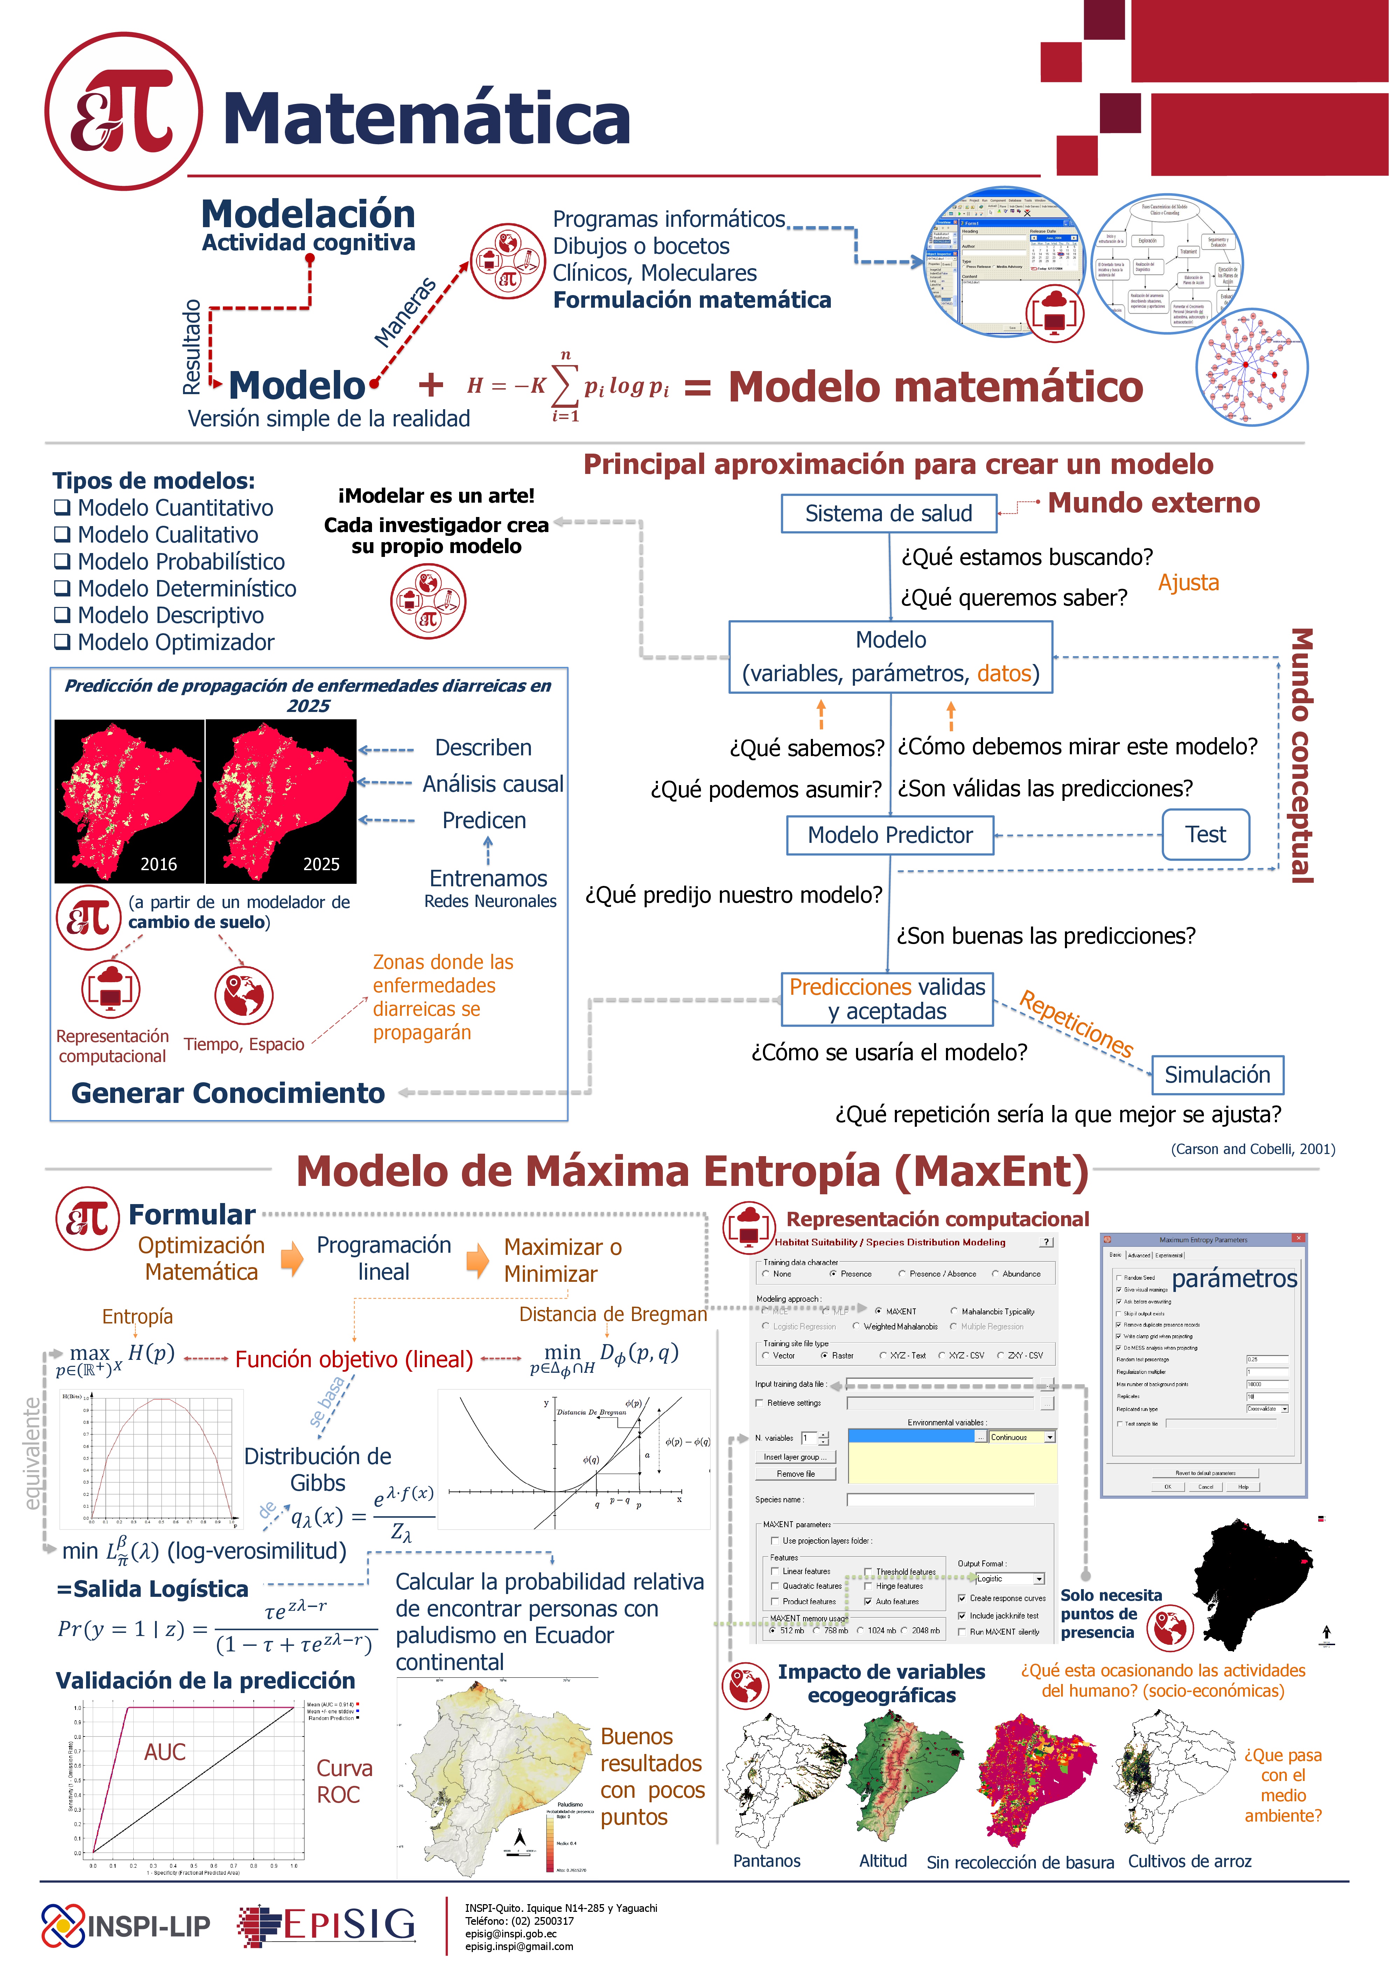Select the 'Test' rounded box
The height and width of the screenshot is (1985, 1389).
click(x=1205, y=834)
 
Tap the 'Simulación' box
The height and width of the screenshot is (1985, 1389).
click(x=1217, y=1075)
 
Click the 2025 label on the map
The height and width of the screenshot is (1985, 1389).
click(x=321, y=864)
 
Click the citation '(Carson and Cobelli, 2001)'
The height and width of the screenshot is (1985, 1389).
click(x=1253, y=1149)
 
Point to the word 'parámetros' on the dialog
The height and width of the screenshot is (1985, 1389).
click(x=1234, y=1279)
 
